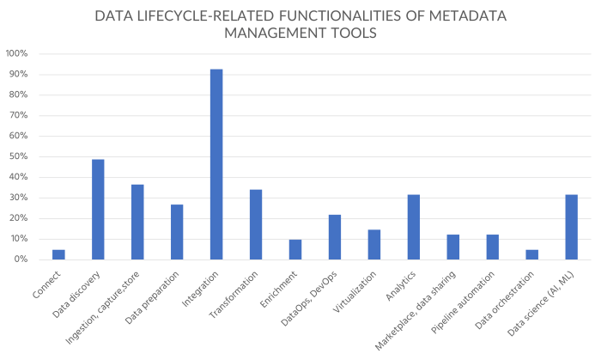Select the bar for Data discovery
98,210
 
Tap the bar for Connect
58,254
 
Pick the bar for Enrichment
295,249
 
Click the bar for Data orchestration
532,254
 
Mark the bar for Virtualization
374,244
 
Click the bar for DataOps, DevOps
335,237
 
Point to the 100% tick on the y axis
17,53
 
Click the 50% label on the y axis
20,156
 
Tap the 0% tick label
21,259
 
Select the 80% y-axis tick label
20,95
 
